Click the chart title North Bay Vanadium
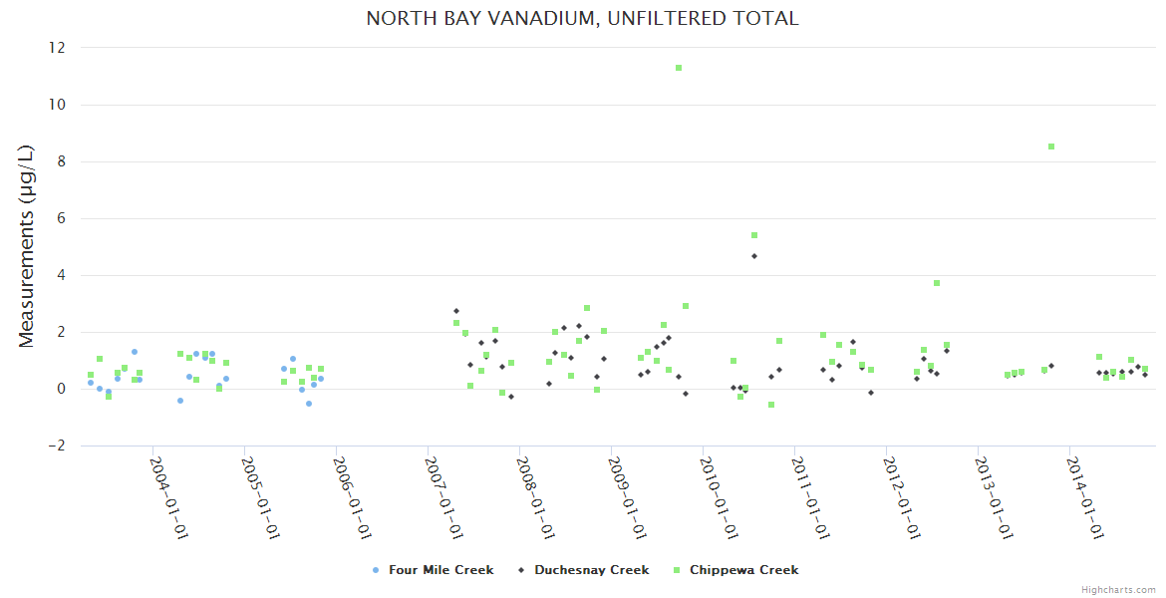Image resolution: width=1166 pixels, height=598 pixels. point(582,18)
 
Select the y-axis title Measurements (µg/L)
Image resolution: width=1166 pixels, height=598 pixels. point(27,246)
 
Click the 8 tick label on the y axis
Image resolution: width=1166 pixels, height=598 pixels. point(61,161)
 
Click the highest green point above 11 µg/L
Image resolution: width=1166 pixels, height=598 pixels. point(679,68)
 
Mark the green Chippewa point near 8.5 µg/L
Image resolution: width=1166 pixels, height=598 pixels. point(1051,147)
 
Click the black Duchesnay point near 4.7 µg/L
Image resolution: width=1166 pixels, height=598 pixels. point(754,256)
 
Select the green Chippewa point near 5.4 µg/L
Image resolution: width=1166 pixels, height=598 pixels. point(754,235)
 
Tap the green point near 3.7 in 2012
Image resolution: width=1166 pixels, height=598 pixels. point(937,283)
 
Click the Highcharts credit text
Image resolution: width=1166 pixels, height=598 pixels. point(1118,590)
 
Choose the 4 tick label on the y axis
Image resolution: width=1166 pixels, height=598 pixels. point(61,275)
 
